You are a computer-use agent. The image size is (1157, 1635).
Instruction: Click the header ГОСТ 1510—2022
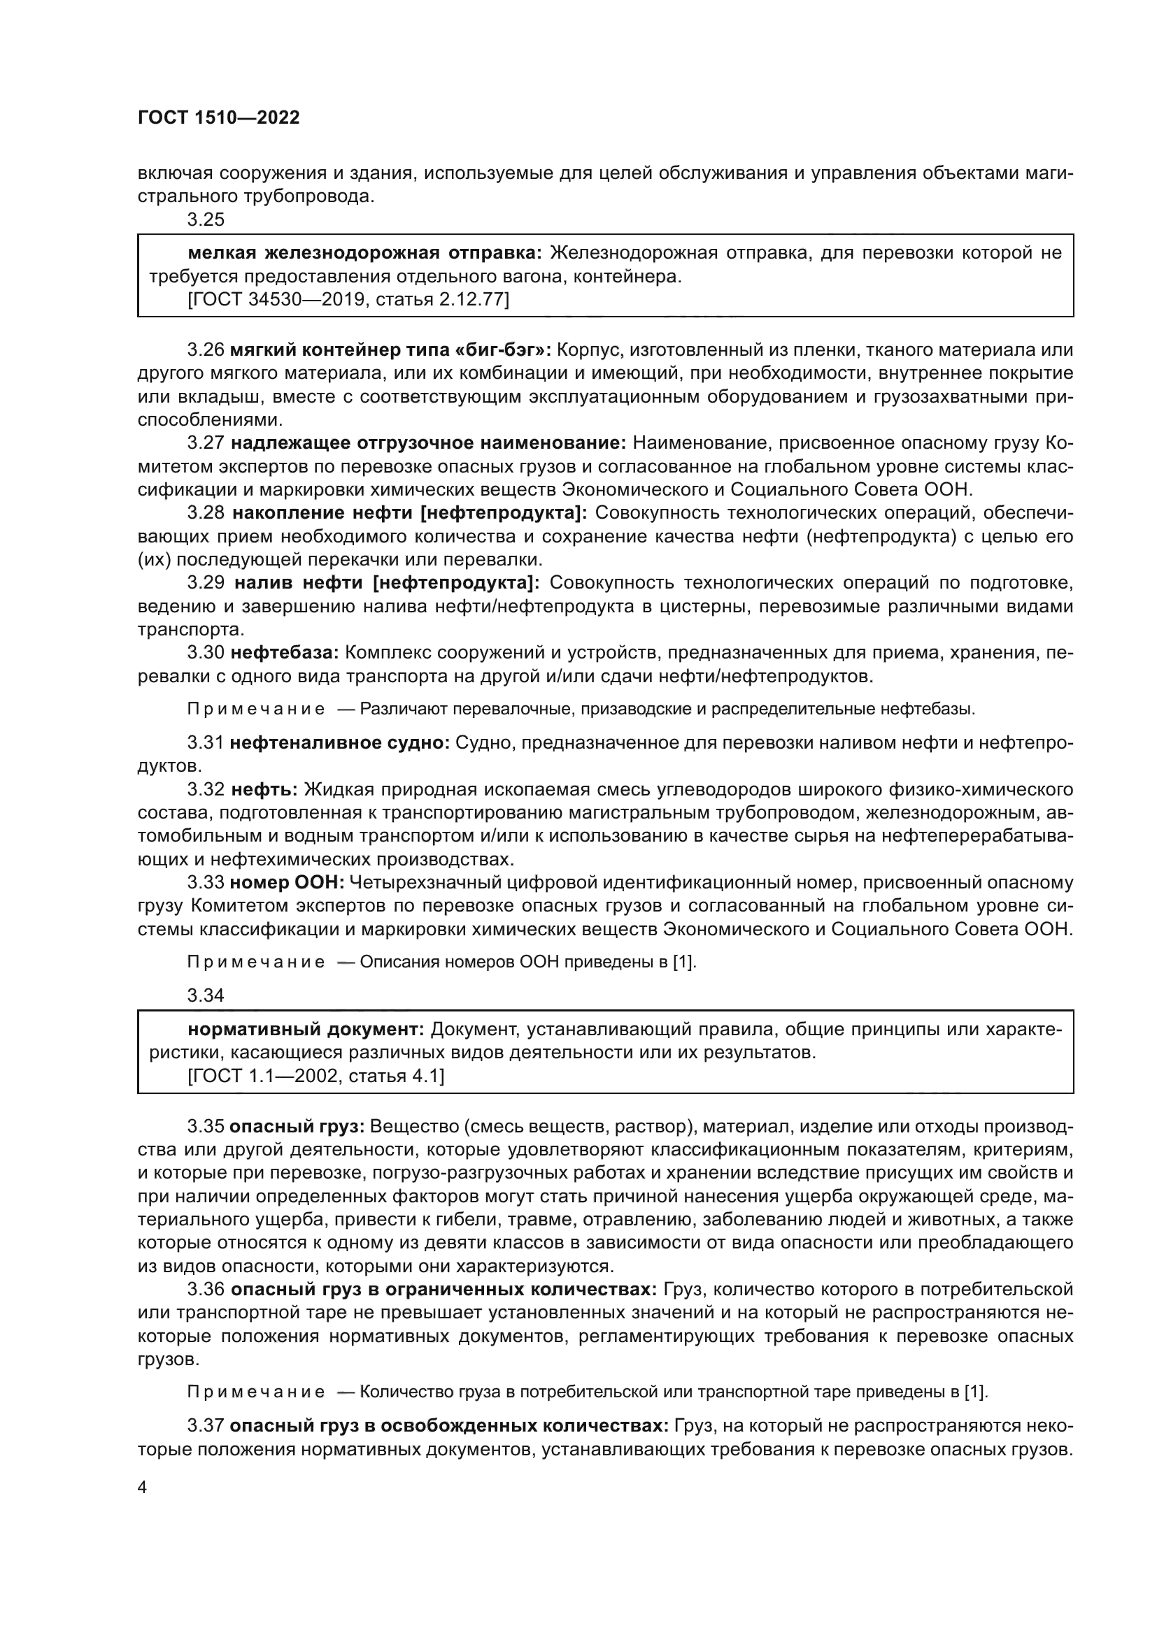point(219,117)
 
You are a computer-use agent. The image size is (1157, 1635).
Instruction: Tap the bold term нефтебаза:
point(285,653)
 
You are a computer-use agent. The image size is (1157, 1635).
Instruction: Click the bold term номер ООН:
point(286,883)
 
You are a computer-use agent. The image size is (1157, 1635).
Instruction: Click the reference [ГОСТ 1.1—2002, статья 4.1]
point(315,1076)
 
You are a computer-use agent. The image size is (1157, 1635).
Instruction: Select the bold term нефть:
point(264,790)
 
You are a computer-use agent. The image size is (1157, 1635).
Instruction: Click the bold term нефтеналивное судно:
point(339,743)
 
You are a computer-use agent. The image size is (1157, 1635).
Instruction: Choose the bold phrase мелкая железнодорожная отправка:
point(365,253)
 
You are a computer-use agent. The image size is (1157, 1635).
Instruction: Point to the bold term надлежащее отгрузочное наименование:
point(428,443)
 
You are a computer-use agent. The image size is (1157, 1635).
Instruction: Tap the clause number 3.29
point(206,583)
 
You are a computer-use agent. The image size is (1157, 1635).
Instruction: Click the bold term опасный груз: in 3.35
point(297,1127)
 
